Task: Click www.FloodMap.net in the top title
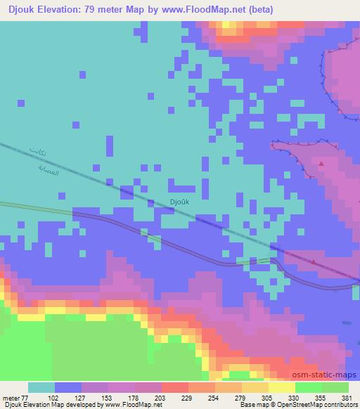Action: click(212, 10)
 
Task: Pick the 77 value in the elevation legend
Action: click(28, 397)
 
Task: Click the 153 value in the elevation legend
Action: click(94, 397)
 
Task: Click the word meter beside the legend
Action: click(12, 397)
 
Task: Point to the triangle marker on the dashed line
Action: click(312, 261)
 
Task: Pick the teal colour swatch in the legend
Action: click(41, 387)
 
